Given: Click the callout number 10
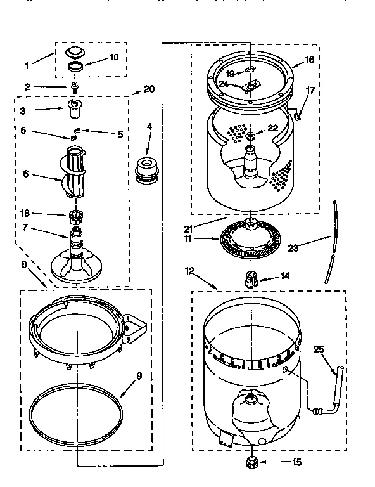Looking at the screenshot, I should click(114, 57).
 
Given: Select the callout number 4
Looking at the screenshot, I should click(149, 126).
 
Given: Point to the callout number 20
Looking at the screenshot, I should click(149, 89).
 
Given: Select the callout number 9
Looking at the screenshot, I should click(139, 376).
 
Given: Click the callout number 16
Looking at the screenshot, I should click(309, 59).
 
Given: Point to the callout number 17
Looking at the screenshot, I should click(310, 90).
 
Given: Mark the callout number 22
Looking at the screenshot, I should click(273, 128).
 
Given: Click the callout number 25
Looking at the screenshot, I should click(319, 348).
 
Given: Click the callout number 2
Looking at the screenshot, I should click(27, 86).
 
